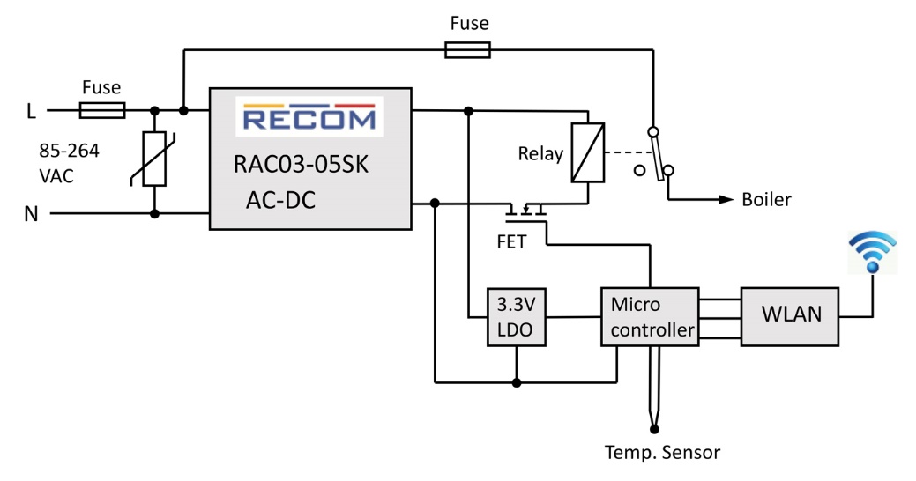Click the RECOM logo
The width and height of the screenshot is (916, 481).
[x=309, y=117]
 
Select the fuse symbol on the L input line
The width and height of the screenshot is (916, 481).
[x=101, y=110]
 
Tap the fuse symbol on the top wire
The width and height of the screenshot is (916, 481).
[x=467, y=52]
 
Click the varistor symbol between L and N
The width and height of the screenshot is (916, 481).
[x=154, y=161]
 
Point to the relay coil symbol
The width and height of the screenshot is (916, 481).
[x=586, y=152]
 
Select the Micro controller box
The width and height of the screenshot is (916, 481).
[x=649, y=317]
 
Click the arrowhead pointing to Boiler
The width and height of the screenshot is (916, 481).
[x=727, y=199]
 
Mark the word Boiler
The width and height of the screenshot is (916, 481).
[x=767, y=200]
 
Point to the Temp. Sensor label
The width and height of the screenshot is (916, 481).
[x=662, y=454]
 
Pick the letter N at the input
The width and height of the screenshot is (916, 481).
[x=32, y=214]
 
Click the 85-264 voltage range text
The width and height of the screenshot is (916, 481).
[x=70, y=151]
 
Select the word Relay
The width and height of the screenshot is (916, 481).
[x=541, y=154]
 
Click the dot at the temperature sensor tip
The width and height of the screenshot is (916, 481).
[x=654, y=429]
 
